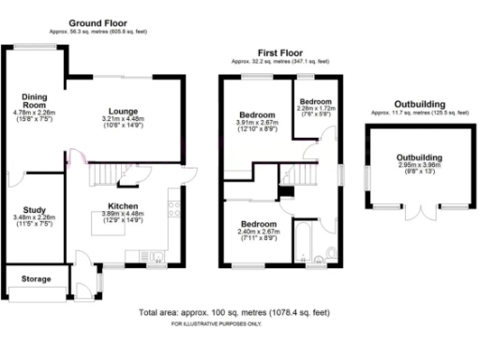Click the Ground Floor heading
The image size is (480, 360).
tap(97, 22)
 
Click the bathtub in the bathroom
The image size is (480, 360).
tap(304, 244)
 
